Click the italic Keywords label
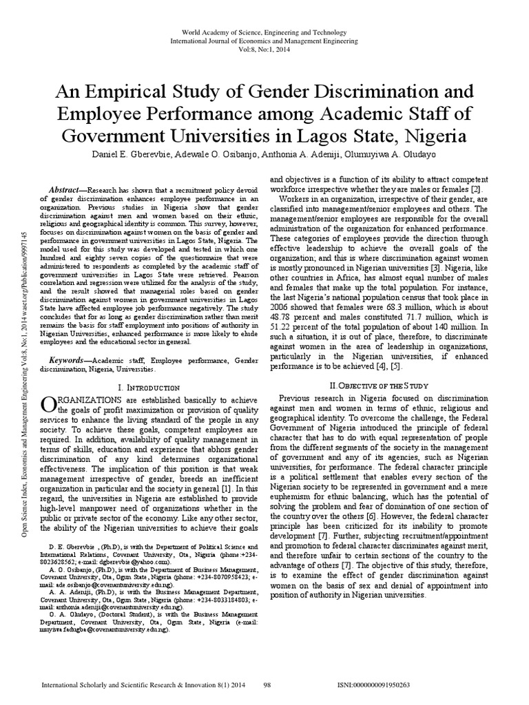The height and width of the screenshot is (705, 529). pyautogui.click(x=72, y=360)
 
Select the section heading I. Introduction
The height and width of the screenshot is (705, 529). pyautogui.click(x=149, y=388)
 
